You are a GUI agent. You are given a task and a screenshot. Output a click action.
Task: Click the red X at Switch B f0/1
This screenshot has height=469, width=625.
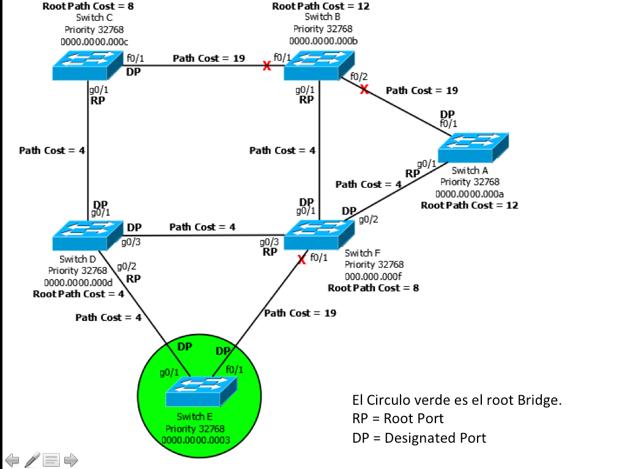[x=267, y=66]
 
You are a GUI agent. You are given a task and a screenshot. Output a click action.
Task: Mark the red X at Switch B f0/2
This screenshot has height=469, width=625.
[x=364, y=89]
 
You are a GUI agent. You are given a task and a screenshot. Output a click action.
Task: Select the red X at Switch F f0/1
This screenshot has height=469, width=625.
[x=301, y=259]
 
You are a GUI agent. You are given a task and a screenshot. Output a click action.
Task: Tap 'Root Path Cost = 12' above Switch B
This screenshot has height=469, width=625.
[x=321, y=6]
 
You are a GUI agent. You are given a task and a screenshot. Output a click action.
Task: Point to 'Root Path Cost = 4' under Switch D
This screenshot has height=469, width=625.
[x=79, y=294]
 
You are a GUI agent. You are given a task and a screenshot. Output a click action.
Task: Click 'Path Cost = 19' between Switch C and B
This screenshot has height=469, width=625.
[x=209, y=58]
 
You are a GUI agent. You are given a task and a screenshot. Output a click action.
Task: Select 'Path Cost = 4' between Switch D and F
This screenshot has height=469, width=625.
[x=202, y=227]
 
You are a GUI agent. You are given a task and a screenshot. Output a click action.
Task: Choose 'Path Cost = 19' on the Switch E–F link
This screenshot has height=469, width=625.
[x=300, y=313]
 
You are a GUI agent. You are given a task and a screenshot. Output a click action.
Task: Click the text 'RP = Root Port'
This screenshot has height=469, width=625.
[x=398, y=419]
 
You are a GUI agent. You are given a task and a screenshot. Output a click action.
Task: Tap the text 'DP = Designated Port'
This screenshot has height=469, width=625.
[x=419, y=438]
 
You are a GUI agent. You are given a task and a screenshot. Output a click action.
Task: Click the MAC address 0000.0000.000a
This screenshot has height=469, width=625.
[x=470, y=193]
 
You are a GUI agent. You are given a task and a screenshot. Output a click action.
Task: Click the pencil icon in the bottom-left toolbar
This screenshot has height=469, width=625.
[x=32, y=459]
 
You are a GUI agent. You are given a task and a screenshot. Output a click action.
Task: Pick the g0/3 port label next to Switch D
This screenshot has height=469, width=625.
[x=131, y=242]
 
